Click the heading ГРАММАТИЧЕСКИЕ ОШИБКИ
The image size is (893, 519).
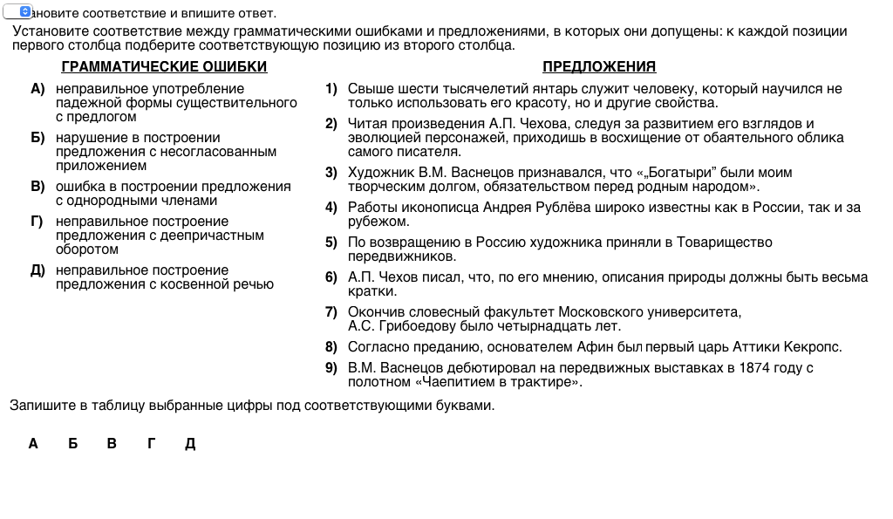point(164,67)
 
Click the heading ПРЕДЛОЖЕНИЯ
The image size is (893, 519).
point(599,67)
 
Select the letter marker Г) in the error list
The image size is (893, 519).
point(37,222)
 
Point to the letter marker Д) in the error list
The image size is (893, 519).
point(37,270)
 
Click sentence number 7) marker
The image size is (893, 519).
point(331,312)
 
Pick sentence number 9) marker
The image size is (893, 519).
point(331,368)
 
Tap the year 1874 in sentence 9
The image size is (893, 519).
point(755,368)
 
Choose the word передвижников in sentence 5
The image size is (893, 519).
point(401,256)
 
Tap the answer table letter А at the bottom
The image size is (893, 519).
point(33,444)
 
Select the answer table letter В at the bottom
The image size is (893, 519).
point(112,444)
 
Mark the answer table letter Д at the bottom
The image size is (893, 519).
point(190,444)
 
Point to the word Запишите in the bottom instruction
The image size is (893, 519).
point(37,406)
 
